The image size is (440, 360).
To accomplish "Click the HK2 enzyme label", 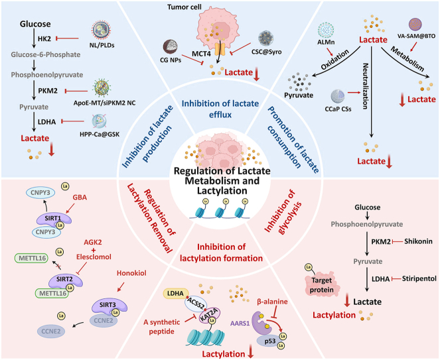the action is (x=44, y=38).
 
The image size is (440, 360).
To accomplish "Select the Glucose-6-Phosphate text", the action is (x=46, y=54).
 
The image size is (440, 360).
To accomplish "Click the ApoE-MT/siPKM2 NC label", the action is (x=105, y=103).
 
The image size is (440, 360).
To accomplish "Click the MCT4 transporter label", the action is (x=201, y=53).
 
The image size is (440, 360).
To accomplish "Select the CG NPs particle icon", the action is (x=171, y=47).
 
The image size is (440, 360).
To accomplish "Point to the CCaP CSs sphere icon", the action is (x=338, y=97).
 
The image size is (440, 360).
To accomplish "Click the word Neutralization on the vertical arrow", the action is (x=366, y=86).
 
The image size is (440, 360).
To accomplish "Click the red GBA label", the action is (x=80, y=198).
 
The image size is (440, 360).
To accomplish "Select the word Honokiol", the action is (x=131, y=273).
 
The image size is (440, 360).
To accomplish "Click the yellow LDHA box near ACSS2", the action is (x=176, y=294).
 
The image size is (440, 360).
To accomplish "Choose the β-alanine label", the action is (x=272, y=302).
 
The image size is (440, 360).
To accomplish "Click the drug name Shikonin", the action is (x=418, y=241).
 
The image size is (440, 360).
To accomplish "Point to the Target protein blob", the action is (x=322, y=285).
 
